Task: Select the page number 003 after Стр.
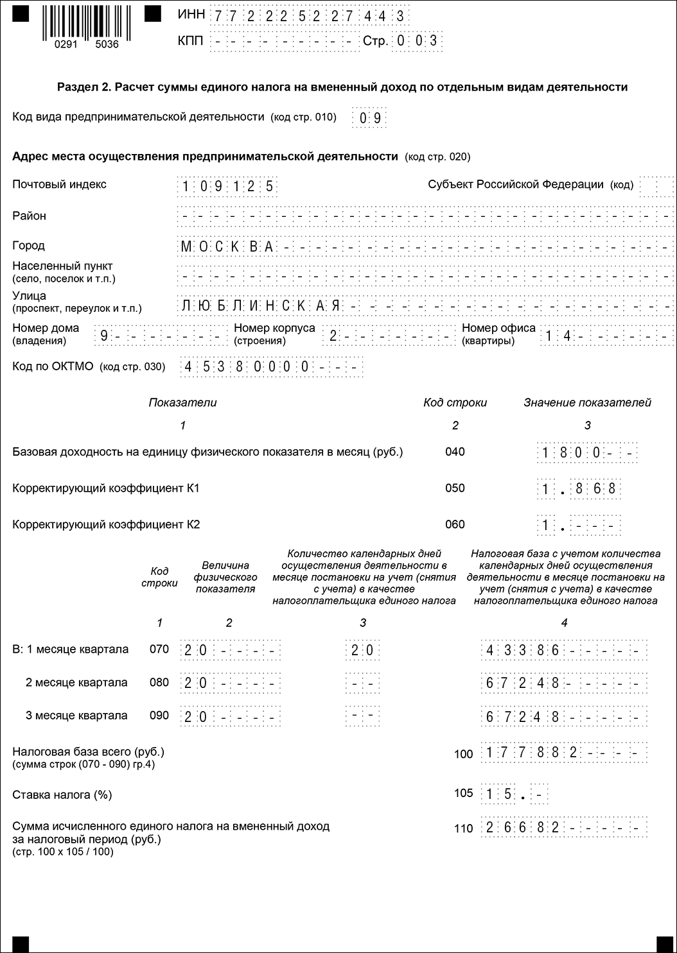point(417,41)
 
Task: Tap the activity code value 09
point(369,117)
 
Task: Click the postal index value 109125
point(227,187)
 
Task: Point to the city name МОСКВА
point(227,246)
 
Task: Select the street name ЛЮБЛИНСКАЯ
point(261,305)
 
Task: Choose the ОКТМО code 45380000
point(247,368)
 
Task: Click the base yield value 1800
point(571,453)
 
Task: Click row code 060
point(455,525)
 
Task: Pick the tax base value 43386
point(523,650)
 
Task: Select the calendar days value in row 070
point(362,650)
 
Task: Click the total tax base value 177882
point(532,753)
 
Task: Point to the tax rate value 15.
point(499,795)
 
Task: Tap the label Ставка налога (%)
point(62,795)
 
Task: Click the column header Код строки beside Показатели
point(455,403)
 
